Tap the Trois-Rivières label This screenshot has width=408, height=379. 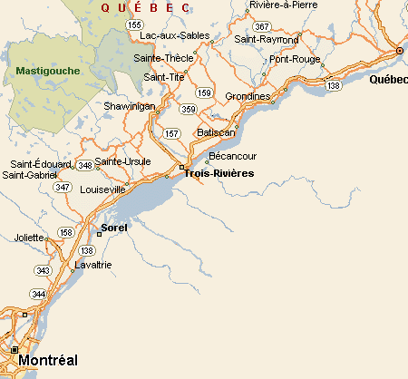click(219, 173)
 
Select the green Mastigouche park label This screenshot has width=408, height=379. click(48, 71)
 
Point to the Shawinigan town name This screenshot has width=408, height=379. click(131, 105)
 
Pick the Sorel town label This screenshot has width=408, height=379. click(115, 227)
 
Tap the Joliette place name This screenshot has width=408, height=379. click(28, 238)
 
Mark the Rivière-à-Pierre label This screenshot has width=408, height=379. click(285, 5)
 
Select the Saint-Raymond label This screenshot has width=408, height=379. click(267, 40)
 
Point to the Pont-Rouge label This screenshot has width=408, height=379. click(295, 59)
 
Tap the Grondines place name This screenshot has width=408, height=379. click(248, 96)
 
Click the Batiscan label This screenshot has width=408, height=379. click(216, 132)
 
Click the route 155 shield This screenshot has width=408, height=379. click(134, 24)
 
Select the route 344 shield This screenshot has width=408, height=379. click(38, 294)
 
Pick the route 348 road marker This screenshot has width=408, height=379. click(85, 165)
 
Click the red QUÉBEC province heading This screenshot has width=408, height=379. click(146, 7)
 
